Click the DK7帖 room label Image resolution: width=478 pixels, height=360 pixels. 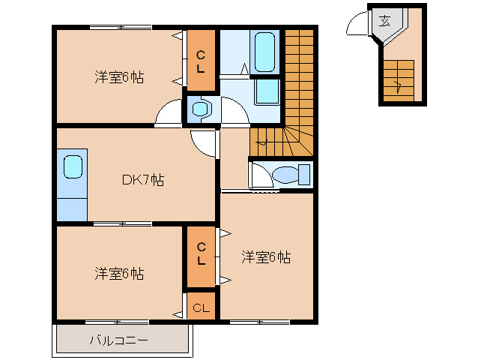tap(143, 180)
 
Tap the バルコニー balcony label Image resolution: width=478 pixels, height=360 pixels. tap(118, 340)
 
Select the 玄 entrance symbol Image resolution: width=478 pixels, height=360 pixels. tap(384, 21)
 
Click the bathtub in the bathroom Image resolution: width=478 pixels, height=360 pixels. tap(264, 52)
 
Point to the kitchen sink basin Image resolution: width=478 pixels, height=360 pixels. tap(73, 166)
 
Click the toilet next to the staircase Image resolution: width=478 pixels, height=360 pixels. tap(291, 175)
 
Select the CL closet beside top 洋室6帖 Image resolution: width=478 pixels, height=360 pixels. tap(201, 61)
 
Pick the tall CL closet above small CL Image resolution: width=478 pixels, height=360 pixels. tap(201, 257)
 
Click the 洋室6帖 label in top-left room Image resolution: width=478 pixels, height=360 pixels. tap(119, 77)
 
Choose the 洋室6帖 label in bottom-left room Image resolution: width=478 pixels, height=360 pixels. tap(119, 274)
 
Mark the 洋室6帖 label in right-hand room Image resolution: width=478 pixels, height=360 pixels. tap(266, 257)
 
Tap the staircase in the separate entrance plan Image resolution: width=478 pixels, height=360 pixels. tap(399, 80)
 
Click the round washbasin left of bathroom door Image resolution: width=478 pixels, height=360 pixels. tap(201, 109)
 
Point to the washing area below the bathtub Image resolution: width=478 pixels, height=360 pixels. tap(267, 91)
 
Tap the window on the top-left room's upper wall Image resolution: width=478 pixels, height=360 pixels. tap(121, 28)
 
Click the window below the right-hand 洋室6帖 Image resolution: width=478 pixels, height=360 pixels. tap(259, 322)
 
